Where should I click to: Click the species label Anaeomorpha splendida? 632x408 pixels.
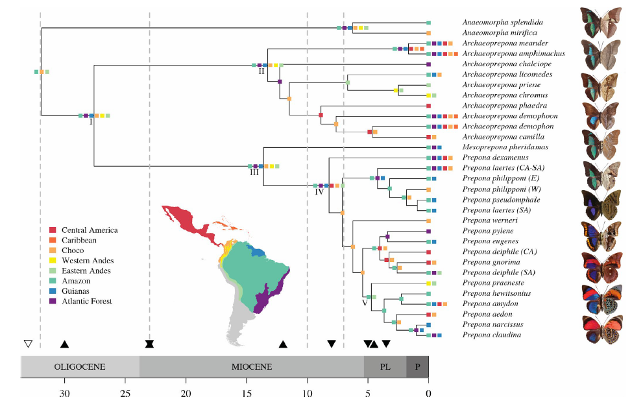click(503, 22)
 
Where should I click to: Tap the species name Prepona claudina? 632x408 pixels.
click(492, 335)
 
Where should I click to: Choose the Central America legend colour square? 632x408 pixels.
click(52, 230)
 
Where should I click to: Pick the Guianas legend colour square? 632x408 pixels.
click(52, 291)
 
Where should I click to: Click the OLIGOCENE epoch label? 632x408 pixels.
click(80, 366)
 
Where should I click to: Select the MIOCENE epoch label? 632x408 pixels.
click(251, 366)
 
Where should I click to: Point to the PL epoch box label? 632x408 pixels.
click(385, 366)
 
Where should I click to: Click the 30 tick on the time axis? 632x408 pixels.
click(64, 392)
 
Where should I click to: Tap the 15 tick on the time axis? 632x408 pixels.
click(247, 392)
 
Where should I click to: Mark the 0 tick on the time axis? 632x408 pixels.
click(428, 392)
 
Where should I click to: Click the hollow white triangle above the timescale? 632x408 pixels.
click(27, 344)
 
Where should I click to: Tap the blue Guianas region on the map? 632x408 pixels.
click(258, 252)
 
